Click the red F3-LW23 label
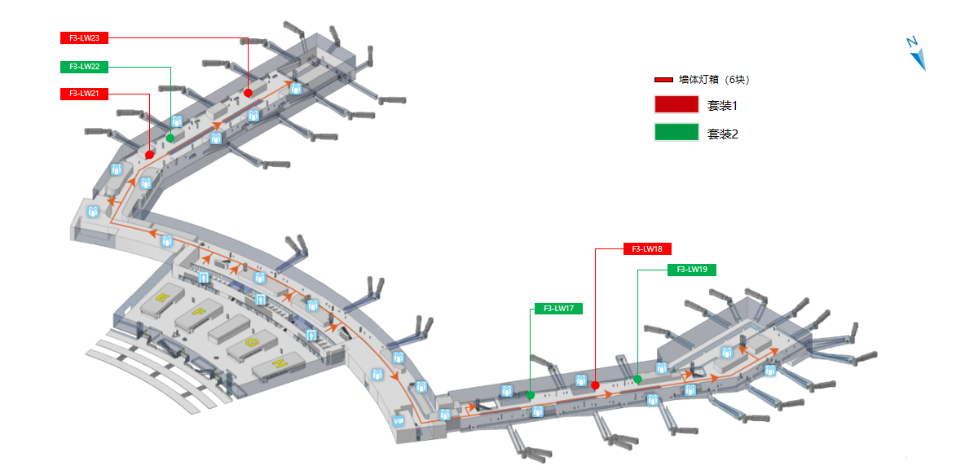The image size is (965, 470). pos(85,37)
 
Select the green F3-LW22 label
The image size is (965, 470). pos(85,67)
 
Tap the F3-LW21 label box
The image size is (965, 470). pos(85,94)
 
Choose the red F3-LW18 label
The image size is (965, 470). pos(647,248)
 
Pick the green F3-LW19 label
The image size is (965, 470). pos(691,270)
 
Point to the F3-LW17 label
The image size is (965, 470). pos(558,309)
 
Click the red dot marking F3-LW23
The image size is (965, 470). pos(248,93)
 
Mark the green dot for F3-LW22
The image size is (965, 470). pos(170,138)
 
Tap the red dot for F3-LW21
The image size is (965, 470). pos(150,155)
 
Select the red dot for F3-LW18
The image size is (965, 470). pos(596,385)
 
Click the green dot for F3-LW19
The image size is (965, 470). pos(637,380)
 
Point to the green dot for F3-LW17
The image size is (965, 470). pos(531,395)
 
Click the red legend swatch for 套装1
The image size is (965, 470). pos(676,105)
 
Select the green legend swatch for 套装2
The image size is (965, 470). pos(676,133)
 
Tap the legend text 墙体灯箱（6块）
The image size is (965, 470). pos(714,80)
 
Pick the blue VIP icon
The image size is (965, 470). pos(399,421)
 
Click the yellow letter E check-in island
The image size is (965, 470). pos(161,296)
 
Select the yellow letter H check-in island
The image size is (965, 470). pos(280,362)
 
